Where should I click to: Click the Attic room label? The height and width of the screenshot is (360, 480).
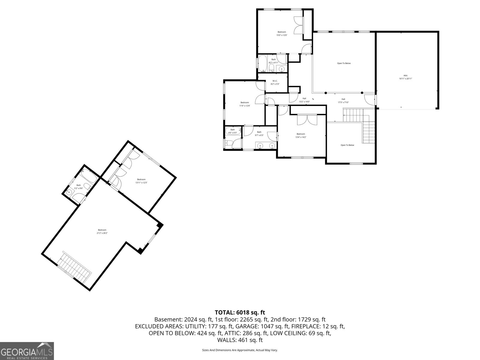(405, 77)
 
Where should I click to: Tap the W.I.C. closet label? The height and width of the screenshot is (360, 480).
(275, 82)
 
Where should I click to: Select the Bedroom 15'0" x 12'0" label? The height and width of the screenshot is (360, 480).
(282, 34)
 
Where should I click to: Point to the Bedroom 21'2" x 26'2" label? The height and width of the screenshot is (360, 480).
(102, 231)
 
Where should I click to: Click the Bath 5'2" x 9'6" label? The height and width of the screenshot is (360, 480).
(79, 187)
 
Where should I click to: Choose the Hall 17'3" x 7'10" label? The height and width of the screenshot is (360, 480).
(343, 101)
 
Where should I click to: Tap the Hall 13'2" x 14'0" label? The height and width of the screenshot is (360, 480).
(304, 100)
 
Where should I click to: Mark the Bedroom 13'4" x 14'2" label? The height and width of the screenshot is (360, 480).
(301, 136)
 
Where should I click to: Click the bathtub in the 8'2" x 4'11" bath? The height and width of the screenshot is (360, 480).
(263, 63)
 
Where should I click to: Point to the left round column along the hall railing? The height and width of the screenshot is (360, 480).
(326, 93)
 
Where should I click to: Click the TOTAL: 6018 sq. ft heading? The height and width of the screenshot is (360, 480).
(240, 313)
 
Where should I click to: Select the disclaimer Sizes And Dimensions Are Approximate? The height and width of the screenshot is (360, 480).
(240, 350)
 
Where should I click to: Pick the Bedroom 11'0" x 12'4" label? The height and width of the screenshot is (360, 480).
(244, 104)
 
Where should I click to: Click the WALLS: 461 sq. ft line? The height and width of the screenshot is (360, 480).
(240, 340)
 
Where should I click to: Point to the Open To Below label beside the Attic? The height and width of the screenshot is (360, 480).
(344, 63)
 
